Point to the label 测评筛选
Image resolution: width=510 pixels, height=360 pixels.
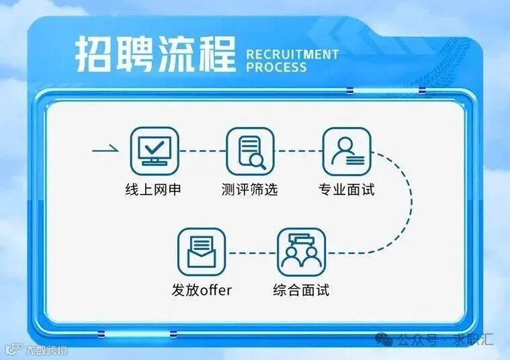coord(249,189)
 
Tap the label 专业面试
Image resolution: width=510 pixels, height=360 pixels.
coord(346,189)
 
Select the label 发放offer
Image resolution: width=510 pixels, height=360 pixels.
coord(202,291)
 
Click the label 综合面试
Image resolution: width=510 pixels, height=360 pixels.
coord(301,291)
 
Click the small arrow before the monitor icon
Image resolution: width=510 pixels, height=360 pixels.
coord(105,150)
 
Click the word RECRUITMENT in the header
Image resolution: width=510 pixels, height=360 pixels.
coord(292,54)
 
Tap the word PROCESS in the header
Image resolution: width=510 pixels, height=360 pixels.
coord(276,67)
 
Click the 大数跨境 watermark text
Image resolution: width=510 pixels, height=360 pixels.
coord(46,349)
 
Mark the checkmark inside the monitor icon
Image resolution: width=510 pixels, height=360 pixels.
coord(155,146)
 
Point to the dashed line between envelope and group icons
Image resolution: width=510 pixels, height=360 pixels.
coord(251,253)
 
